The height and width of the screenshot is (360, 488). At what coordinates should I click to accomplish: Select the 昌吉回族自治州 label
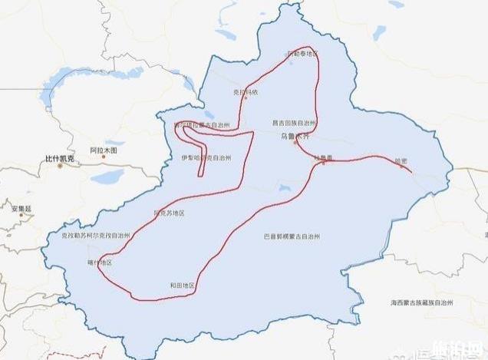(x=294, y=123)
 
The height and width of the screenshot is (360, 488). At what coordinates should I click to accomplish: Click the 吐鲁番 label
(x=325, y=157)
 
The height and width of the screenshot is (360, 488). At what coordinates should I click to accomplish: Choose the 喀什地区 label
(x=100, y=263)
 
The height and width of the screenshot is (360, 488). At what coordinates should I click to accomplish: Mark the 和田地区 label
(x=182, y=286)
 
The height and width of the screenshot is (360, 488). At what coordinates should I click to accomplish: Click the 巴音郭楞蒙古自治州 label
(x=292, y=236)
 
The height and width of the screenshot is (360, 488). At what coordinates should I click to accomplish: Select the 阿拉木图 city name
(x=103, y=150)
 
